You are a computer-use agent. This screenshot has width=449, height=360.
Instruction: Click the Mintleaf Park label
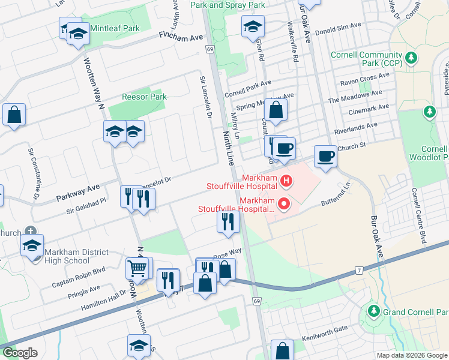point(115,28)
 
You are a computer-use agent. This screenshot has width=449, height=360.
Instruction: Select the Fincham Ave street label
point(181,36)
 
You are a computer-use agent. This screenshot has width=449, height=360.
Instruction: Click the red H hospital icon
point(286,179)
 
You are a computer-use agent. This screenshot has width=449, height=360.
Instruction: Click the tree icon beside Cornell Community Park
point(411,58)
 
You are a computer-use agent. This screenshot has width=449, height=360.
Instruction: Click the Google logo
point(20,353)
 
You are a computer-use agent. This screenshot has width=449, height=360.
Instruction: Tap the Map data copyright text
point(412,355)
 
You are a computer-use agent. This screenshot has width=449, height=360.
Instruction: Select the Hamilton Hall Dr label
point(98,297)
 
